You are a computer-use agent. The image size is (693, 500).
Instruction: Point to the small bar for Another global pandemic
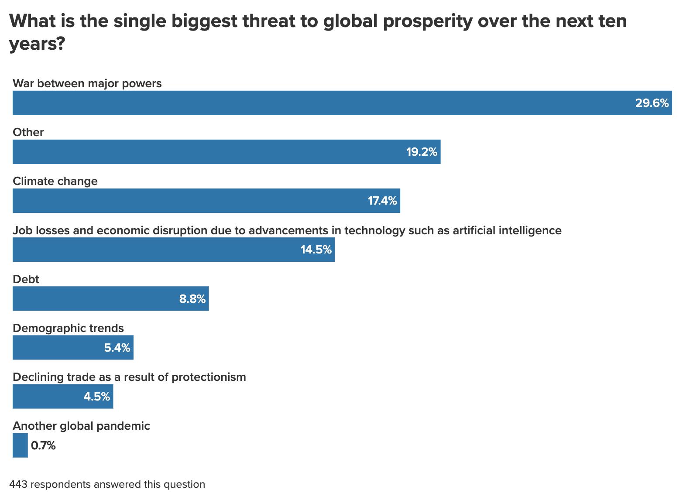[20, 445]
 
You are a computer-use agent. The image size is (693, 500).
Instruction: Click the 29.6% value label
[652, 103]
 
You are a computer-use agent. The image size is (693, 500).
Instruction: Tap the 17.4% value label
[382, 201]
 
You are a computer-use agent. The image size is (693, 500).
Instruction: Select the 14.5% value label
[316, 250]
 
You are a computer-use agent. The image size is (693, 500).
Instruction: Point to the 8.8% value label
[192, 298]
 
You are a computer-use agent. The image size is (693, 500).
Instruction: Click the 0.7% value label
[43, 445]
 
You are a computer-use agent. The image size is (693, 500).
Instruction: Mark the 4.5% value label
[96, 396]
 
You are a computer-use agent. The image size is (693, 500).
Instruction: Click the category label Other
[28, 132]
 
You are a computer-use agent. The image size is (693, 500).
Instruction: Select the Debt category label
[26, 279]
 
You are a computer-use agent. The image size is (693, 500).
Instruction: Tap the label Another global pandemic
[81, 426]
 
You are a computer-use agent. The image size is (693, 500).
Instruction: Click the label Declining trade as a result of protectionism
[129, 377]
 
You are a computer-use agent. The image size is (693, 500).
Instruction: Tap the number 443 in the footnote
[18, 484]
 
